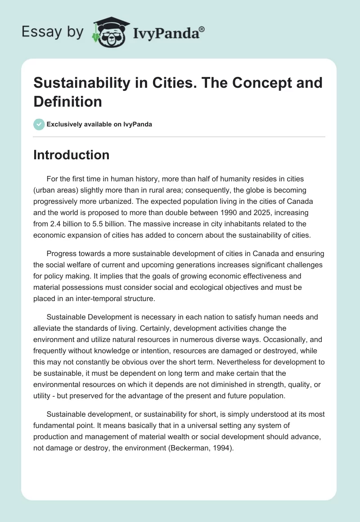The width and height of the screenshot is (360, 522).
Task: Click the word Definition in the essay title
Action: coord(68,101)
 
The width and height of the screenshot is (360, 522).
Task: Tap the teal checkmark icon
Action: coord(39,124)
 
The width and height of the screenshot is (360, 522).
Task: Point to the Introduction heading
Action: coord(72,155)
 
